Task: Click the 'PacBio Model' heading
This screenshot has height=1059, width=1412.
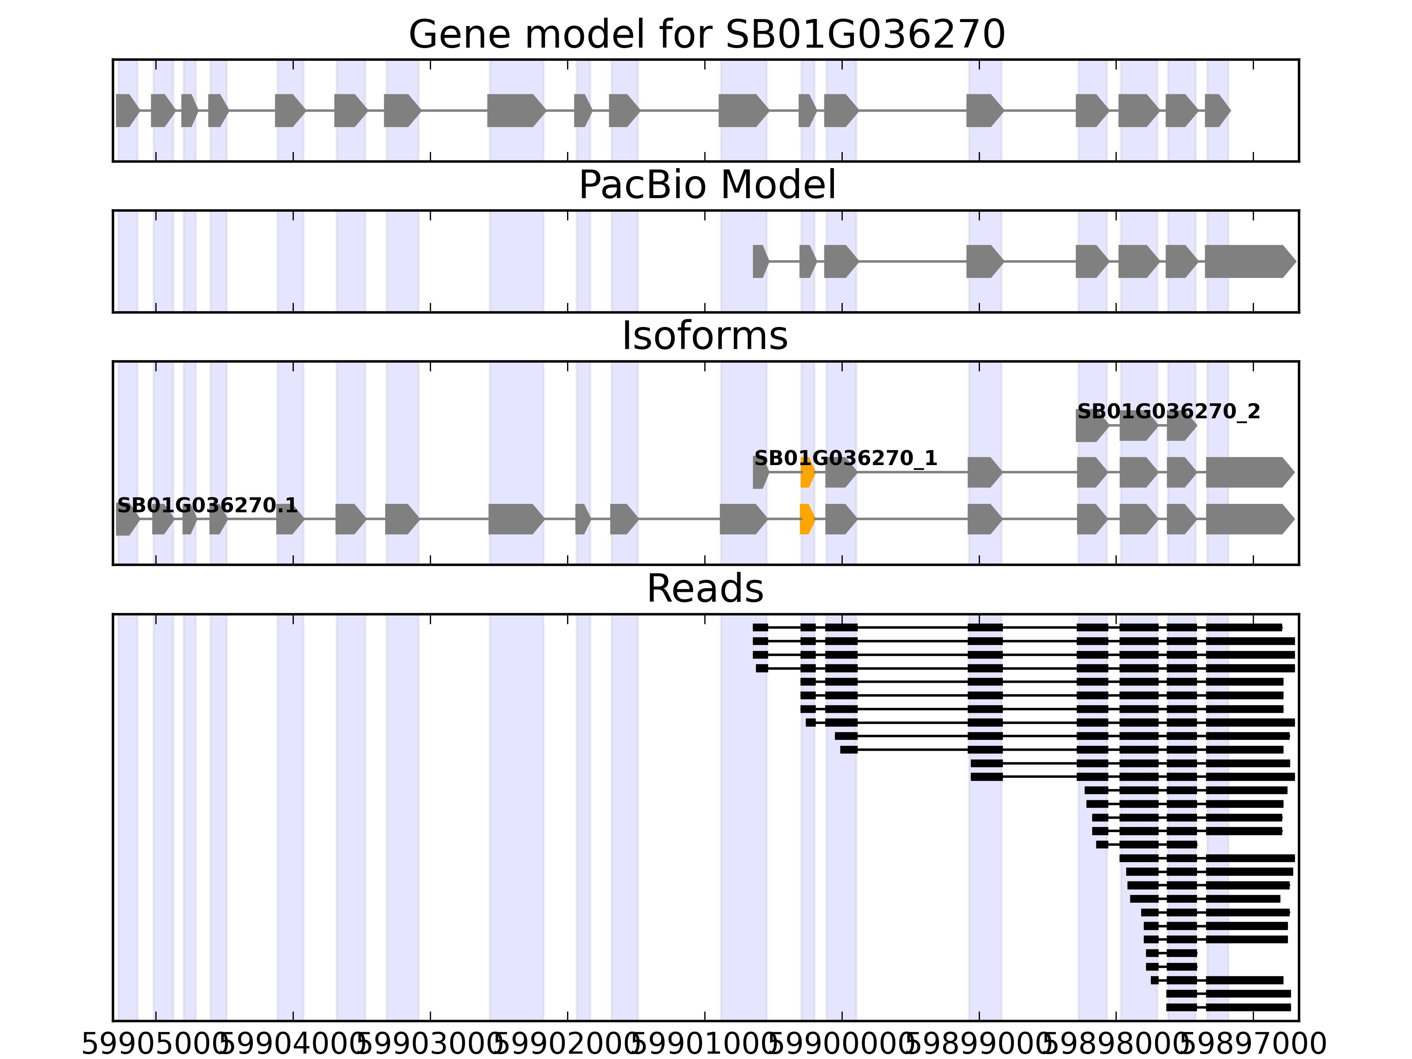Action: (x=706, y=186)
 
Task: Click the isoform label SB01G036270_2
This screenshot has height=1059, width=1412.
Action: (x=1168, y=412)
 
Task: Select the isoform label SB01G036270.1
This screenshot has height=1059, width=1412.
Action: (x=207, y=506)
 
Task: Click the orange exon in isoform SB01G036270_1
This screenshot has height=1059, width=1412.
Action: (x=807, y=473)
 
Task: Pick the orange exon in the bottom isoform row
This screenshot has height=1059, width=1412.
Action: (x=807, y=519)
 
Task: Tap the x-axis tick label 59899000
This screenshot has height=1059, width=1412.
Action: (x=979, y=1045)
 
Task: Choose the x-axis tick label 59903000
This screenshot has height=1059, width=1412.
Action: (x=430, y=1045)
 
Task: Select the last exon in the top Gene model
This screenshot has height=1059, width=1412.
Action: (x=1216, y=110)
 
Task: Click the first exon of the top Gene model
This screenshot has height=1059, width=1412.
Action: (x=126, y=110)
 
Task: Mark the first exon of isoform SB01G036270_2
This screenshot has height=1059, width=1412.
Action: (x=1091, y=426)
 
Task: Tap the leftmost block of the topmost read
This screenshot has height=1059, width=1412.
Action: (x=760, y=627)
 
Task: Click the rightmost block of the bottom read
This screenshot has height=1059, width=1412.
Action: (x=1248, y=1007)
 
